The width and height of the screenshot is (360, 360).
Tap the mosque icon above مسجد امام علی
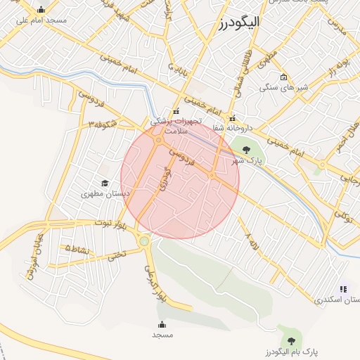point(41,10)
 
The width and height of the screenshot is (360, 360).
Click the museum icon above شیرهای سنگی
point(283,77)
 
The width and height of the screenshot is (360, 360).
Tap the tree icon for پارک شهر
point(245,148)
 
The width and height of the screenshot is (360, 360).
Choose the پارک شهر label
point(247,160)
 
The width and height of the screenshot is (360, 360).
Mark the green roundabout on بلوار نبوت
point(144,242)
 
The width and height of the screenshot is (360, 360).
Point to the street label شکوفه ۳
point(103,124)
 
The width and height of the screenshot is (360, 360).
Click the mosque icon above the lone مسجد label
point(162,324)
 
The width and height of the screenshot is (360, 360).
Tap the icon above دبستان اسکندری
point(343,289)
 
